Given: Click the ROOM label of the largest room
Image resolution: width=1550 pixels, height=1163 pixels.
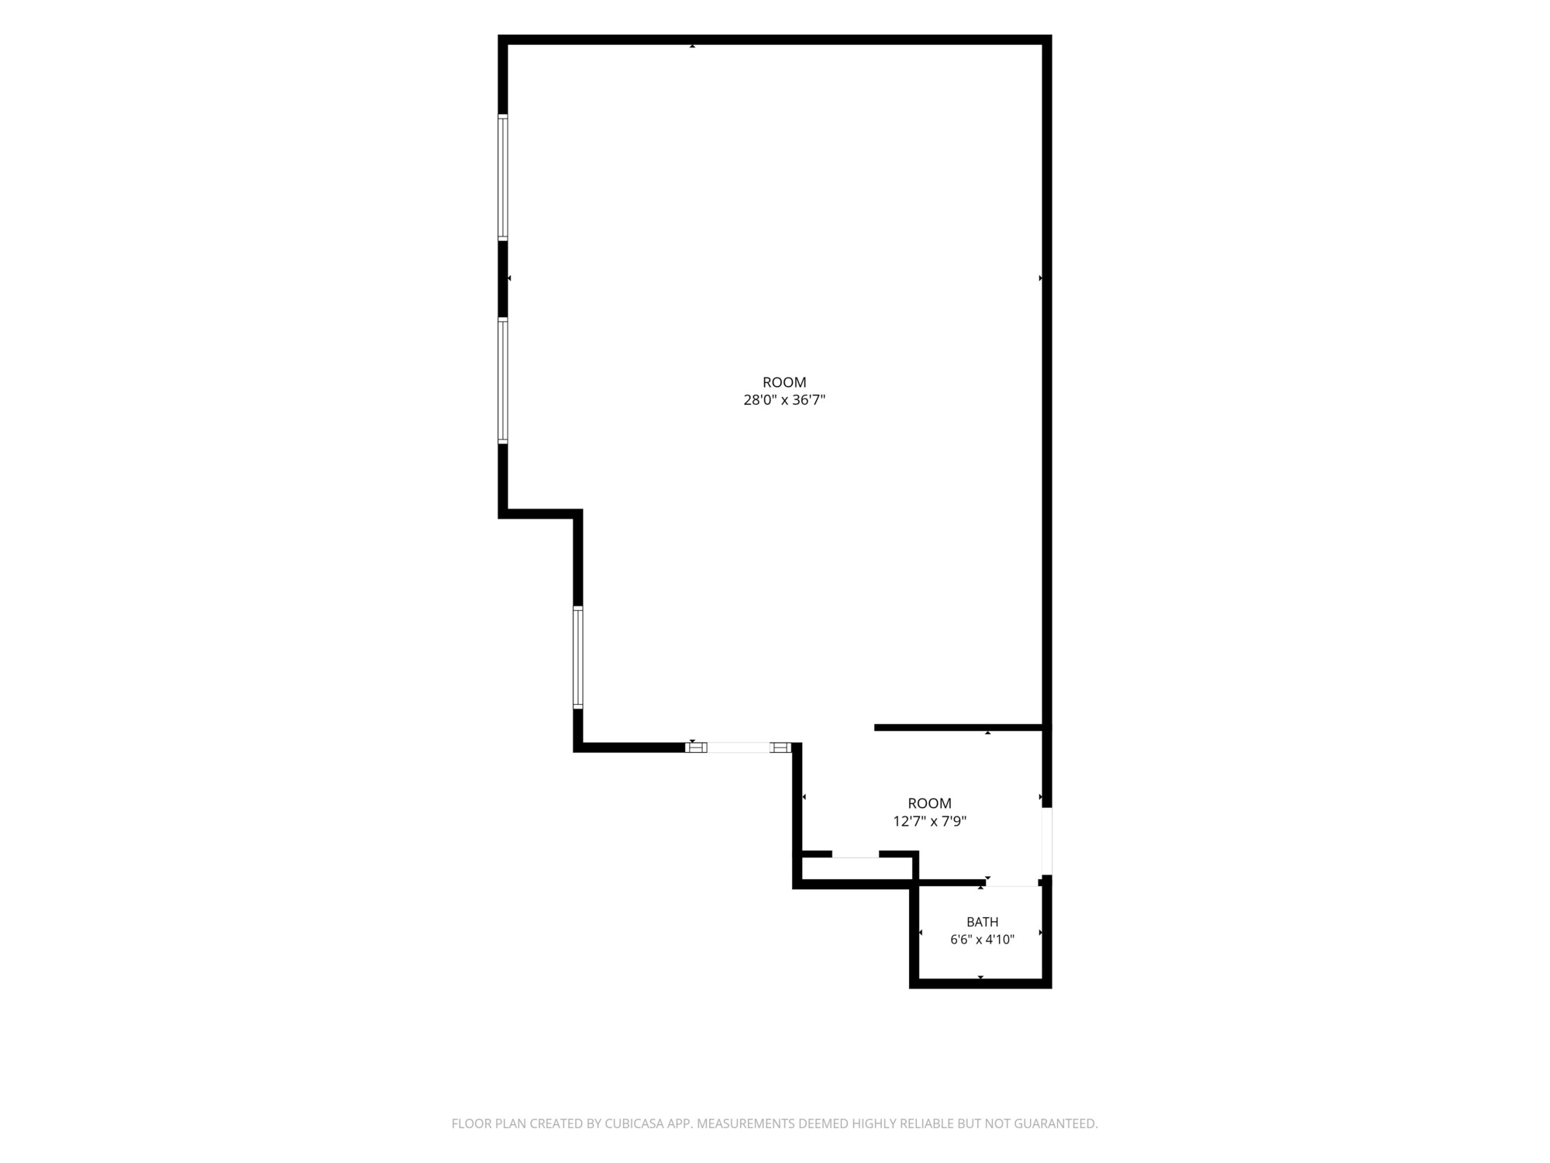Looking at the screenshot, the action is coord(784,382).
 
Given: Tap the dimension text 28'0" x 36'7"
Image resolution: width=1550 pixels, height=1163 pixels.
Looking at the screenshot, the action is coord(784,400).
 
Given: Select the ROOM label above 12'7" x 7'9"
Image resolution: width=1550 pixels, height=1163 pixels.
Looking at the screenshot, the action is coord(929,803).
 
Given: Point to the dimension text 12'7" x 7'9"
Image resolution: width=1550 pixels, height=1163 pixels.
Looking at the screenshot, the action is coord(929,821).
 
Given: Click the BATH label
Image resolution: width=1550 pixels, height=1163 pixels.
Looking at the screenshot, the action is coord(982,922).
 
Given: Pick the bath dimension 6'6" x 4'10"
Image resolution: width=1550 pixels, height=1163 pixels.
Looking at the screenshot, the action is coord(982,940).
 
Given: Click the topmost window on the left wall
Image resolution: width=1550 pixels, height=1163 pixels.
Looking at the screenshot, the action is coord(503,178).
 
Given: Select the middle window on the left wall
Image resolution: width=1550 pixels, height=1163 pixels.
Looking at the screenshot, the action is coord(503,381).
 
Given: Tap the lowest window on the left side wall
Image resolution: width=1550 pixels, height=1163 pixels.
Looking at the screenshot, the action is coord(578,657).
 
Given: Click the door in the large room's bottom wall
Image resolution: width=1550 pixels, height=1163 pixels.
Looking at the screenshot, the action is coord(739,747).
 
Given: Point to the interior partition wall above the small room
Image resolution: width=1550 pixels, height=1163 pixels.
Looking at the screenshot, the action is coord(958,727).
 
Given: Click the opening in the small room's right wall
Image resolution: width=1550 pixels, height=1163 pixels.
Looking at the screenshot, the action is coord(1047,841).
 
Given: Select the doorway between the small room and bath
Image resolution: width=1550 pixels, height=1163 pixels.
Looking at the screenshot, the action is coord(1012,882).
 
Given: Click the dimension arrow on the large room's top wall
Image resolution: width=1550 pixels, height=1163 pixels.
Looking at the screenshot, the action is coord(692,47).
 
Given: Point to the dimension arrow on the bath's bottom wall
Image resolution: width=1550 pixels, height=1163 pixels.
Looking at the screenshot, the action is coord(980,977).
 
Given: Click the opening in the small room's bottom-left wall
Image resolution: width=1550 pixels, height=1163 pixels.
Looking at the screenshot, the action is coord(855,854).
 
